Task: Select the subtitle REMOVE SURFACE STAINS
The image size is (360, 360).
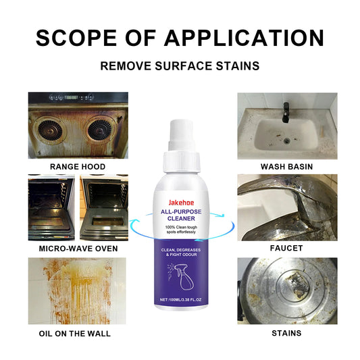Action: click(179, 67)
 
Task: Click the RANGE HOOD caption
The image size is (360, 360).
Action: click(78, 166)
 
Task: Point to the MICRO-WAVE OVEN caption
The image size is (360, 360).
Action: click(78, 249)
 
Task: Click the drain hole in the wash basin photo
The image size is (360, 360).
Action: click(287, 140)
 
